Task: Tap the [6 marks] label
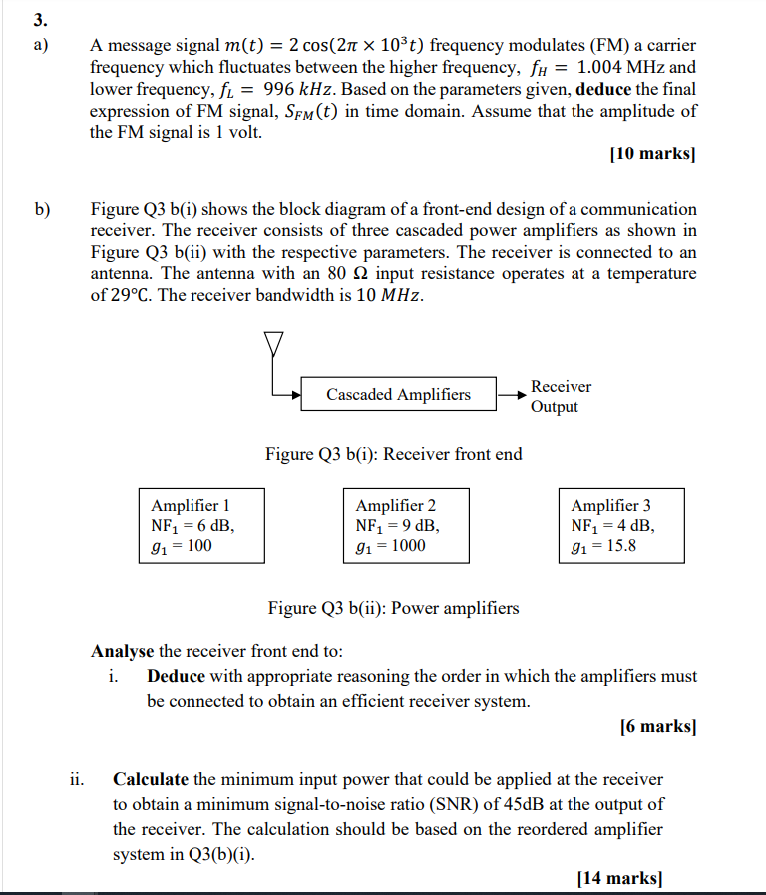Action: coord(657,726)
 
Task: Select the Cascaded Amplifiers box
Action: coord(398,395)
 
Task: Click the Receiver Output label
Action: coord(561,396)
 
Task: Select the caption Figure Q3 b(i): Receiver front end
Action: coord(393,454)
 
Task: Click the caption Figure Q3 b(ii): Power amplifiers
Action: coord(393,607)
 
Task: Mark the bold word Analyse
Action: coord(122,651)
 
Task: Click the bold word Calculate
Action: coord(151,779)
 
